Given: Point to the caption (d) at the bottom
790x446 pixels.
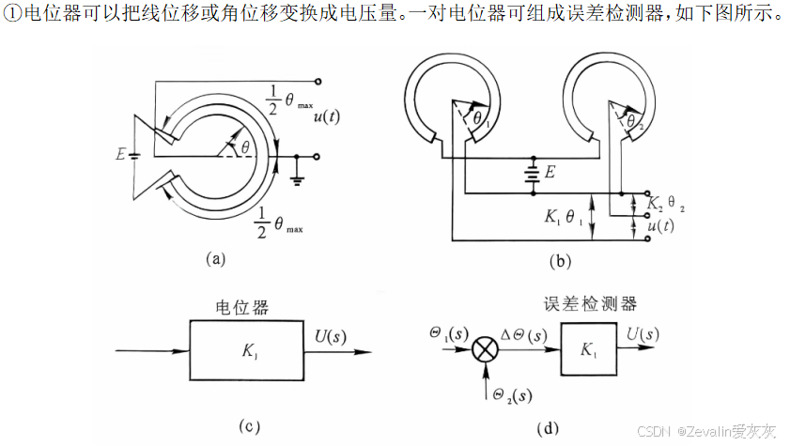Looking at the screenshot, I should pyautogui.click(x=547, y=429).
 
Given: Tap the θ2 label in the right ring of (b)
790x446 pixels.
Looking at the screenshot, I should pyautogui.click(x=636, y=120).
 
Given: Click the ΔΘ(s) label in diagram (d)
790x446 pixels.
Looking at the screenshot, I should pyautogui.click(x=528, y=334).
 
